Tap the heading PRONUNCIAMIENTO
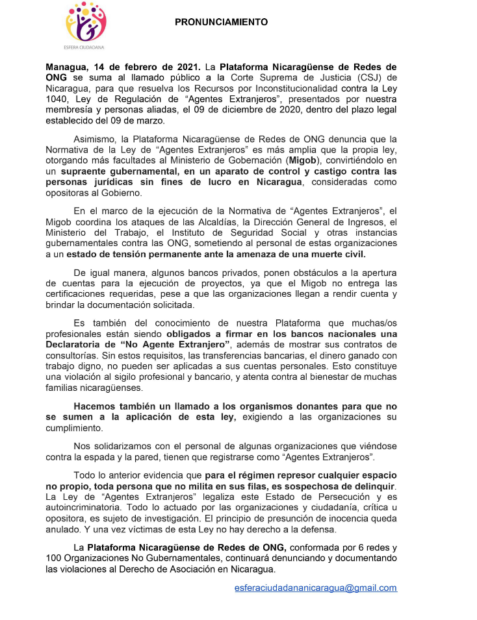221,22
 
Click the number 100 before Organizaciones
55,559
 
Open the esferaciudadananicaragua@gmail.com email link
315,588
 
